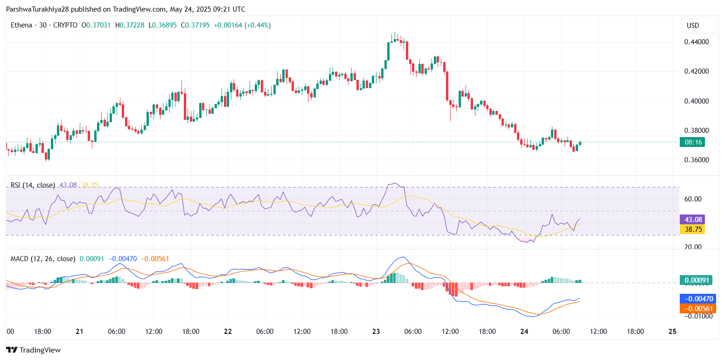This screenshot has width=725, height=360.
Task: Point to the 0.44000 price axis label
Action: coord(697,42)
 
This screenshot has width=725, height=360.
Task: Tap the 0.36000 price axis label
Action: coord(697,160)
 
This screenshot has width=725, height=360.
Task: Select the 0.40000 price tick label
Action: coord(697,101)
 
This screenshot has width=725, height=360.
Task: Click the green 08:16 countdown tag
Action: coord(692,142)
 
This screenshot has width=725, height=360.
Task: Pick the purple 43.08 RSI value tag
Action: coord(692,219)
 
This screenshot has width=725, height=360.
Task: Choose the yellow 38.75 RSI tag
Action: coord(692,229)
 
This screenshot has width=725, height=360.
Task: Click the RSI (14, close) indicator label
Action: coord(33,185)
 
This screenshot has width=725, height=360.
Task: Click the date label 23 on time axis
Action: coord(376,332)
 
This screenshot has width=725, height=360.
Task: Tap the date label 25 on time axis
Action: coord(672,332)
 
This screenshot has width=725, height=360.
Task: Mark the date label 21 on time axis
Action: coord(79,332)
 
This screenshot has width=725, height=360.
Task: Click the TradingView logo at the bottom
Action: coord(33,350)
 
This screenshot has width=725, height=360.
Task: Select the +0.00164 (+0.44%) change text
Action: coord(242,25)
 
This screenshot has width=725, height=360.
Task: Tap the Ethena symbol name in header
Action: coord(21,25)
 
